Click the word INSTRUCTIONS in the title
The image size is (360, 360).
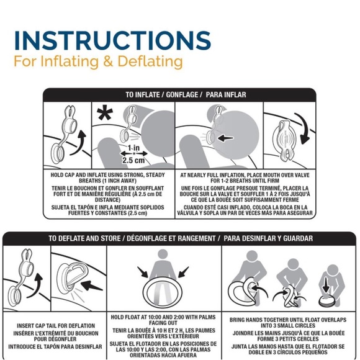[x=112, y=40]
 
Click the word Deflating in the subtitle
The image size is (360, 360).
[x=150, y=61]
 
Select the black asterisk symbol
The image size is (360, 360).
[x=105, y=112]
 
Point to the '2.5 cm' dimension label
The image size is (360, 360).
[x=133, y=160]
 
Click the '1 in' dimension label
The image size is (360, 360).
[x=133, y=148]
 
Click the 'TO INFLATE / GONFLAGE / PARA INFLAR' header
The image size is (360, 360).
[x=186, y=94]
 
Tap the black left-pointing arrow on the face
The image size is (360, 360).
[x=225, y=138]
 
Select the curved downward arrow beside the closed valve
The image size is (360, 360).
[x=302, y=128]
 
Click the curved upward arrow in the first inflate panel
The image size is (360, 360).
[x=79, y=143]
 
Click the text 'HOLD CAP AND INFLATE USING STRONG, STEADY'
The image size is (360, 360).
[x=107, y=175]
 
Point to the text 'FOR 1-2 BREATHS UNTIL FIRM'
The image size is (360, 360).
[x=245, y=181]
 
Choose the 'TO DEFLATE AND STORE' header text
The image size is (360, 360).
[x=84, y=238]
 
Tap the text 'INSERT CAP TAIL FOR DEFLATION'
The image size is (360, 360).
[x=56, y=326]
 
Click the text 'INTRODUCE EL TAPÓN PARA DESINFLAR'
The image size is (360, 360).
[x=55, y=347]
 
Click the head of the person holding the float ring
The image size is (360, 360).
[x=163, y=254]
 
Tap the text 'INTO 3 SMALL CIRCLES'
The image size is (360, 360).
[x=287, y=326]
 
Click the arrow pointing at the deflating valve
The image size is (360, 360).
[x=92, y=286]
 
